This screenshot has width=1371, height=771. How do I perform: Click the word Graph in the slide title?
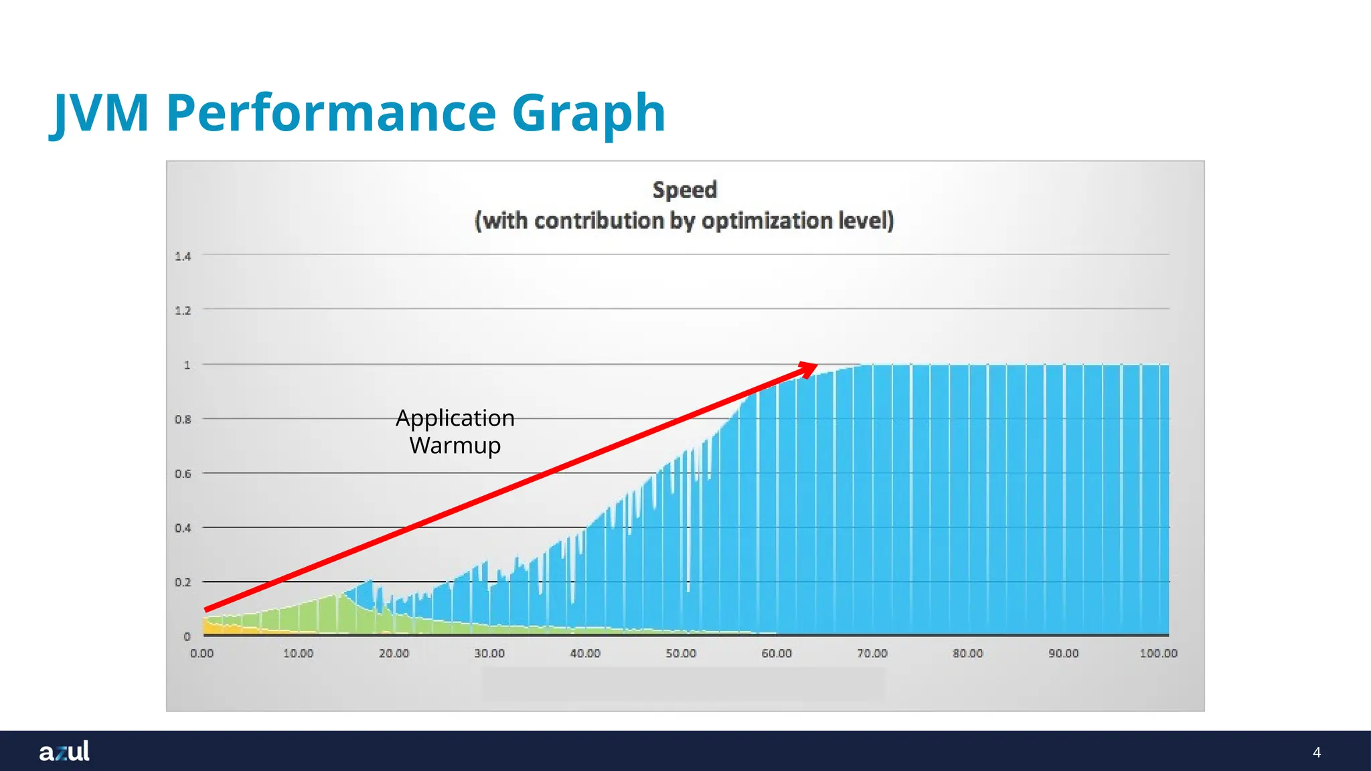pyautogui.click(x=588, y=114)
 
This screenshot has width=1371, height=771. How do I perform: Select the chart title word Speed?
pyautogui.click(x=684, y=190)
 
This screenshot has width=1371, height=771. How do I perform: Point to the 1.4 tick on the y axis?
pyautogui.click(x=183, y=256)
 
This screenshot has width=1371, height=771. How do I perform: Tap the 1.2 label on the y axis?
pyautogui.click(x=183, y=311)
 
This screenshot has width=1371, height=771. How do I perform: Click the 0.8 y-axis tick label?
pyautogui.click(x=183, y=420)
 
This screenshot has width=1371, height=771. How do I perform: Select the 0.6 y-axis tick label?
pyautogui.click(x=183, y=474)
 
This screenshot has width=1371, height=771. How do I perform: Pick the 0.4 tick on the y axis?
pyautogui.click(x=183, y=528)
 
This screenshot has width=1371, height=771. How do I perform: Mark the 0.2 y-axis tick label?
pyautogui.click(x=183, y=582)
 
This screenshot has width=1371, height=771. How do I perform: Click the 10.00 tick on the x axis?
pyautogui.click(x=298, y=653)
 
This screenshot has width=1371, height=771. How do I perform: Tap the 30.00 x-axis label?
pyautogui.click(x=489, y=653)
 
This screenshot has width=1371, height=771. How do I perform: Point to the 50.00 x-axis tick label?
pyautogui.click(x=681, y=653)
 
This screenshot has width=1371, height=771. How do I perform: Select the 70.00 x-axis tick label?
pyautogui.click(x=872, y=653)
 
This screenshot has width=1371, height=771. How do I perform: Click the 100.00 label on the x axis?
pyautogui.click(x=1158, y=653)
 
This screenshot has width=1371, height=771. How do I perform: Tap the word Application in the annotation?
pyautogui.click(x=455, y=418)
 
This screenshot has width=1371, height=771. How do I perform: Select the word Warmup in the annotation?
pyautogui.click(x=455, y=445)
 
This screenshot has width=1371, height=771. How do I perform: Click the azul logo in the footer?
pyautogui.click(x=64, y=751)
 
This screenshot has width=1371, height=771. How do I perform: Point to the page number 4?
pyautogui.click(x=1317, y=752)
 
